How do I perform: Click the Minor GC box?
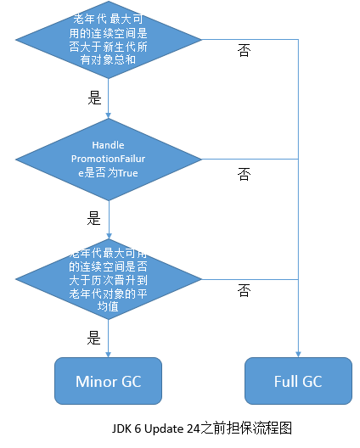pos(109,381)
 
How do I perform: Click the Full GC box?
pos(298,381)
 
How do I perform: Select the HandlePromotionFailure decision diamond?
pos(109,160)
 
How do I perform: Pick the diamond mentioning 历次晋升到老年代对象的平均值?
pos(109,280)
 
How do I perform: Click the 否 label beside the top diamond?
pos(244,50)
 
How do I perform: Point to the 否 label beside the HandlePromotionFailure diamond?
pos(244,174)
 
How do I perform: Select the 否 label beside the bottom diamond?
pos(244,292)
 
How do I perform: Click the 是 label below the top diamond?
pos(94,98)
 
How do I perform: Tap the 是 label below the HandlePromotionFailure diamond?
pos(94,218)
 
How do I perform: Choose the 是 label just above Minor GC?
pos(94,338)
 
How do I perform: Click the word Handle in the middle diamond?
pos(108,146)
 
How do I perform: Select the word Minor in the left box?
pos(92,381)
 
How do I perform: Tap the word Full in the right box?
pos(286,381)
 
